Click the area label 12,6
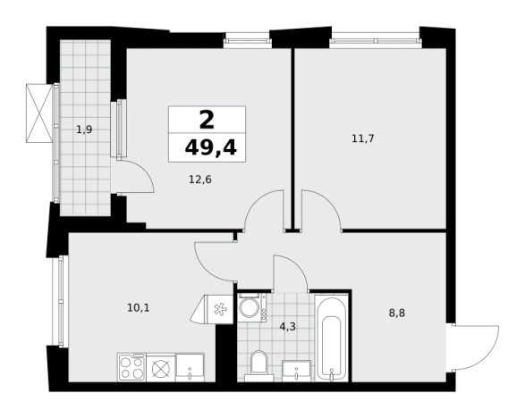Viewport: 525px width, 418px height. [200, 180]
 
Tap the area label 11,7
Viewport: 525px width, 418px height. [363, 138]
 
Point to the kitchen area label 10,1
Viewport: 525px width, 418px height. [139, 307]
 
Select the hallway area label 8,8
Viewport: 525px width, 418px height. [397, 313]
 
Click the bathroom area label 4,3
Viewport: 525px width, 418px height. [288, 326]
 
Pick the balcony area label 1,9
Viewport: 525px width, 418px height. [84, 130]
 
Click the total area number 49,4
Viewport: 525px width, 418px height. [211, 147]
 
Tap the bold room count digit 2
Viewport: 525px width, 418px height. [207, 120]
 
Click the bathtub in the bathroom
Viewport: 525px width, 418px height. [332, 338]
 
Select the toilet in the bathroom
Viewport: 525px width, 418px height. [258, 365]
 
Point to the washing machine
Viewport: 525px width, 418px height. [252, 307]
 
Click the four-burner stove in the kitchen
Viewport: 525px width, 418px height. [131, 367]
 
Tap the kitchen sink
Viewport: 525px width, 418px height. [190, 367]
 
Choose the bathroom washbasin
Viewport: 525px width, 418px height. [297, 371]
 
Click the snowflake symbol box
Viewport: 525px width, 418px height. [220, 309]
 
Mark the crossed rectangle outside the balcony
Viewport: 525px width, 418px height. [39, 113]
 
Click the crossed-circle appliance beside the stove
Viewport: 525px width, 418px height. [161, 368]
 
